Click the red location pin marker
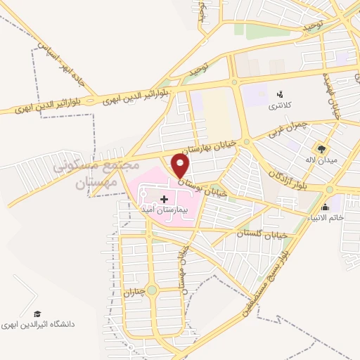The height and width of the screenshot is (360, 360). (x=181, y=166)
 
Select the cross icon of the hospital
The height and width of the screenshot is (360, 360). (x=165, y=200)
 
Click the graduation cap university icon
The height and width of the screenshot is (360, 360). (x=37, y=314)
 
